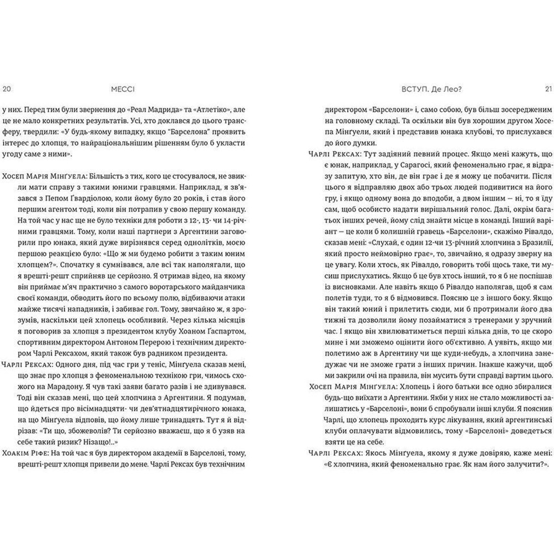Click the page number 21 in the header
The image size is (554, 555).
pos(543,88)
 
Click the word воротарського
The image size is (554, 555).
pos(165,285)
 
